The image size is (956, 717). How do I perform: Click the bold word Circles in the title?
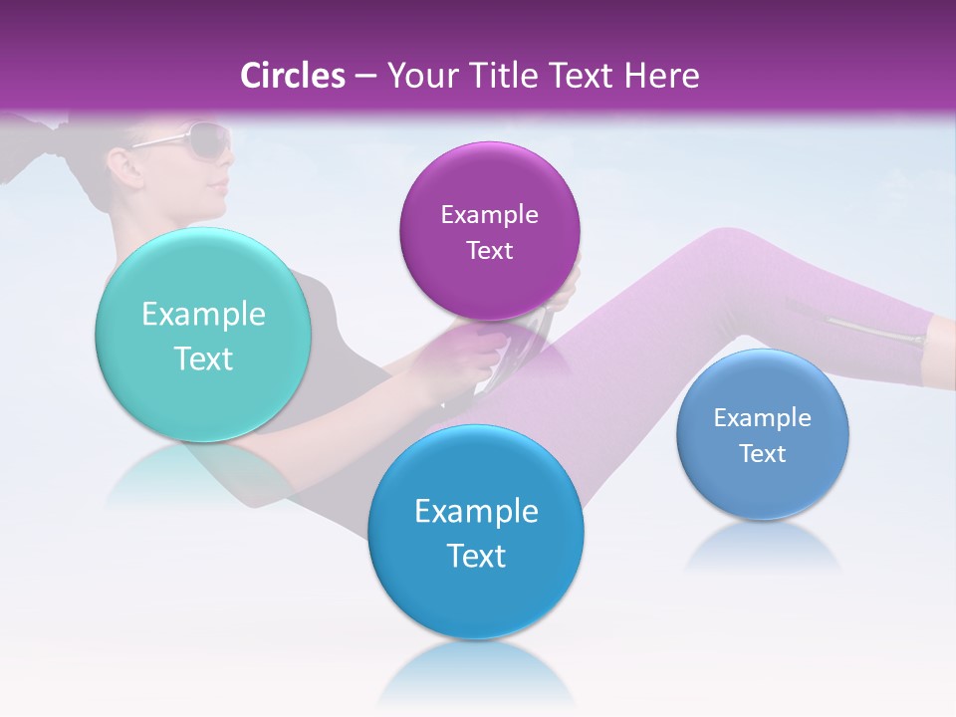coord(292,76)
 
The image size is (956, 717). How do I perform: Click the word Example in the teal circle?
coord(203,315)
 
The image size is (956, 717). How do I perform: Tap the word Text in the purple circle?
coord(489,250)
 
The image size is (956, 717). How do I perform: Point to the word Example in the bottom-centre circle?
coord(476,512)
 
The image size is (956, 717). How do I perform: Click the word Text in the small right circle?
coord(762,453)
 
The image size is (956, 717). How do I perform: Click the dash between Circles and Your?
coord(364,76)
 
